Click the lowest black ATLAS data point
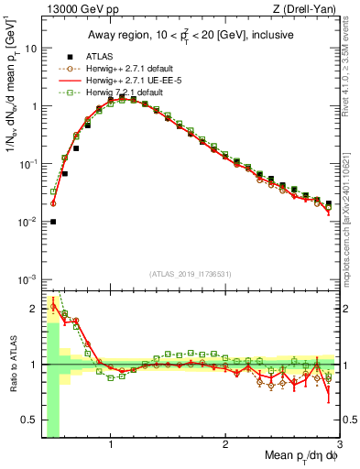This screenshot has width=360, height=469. click(x=53, y=221)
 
